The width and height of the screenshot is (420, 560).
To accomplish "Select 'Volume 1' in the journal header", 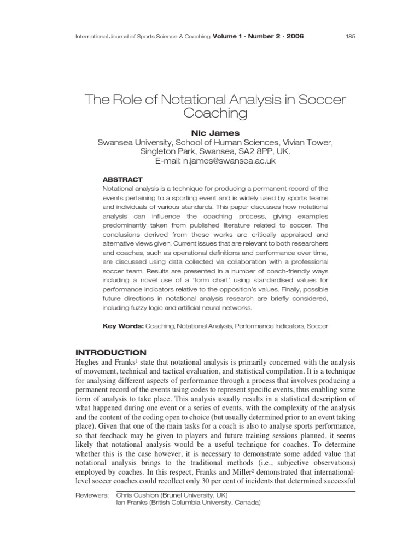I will coord(230,37).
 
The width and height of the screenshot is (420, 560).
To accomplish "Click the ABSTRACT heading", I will coord(122,179).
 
